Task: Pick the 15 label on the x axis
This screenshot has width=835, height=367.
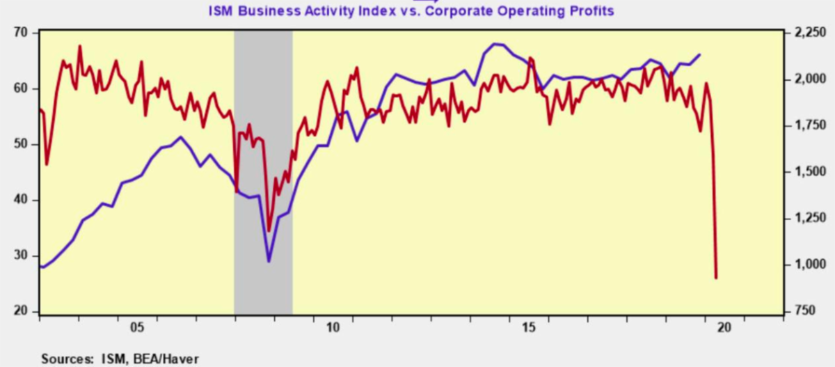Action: pos(529,327)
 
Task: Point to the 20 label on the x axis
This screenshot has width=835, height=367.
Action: pos(725,327)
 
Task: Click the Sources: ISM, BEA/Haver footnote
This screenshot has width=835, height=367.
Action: pos(120,359)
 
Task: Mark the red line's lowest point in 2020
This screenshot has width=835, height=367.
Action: pos(717,278)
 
